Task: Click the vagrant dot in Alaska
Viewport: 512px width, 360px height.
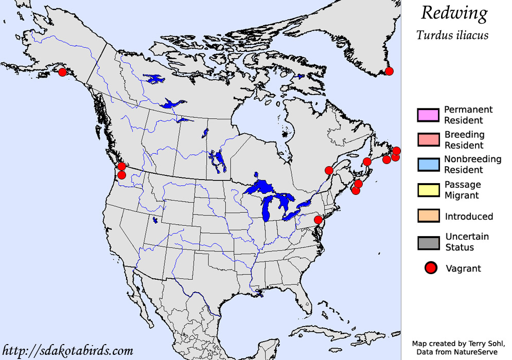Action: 62,72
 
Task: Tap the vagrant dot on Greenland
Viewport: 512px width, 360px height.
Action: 390,71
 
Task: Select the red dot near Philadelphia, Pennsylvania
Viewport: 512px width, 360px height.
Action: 318,220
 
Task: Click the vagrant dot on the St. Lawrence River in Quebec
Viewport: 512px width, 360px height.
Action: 329,170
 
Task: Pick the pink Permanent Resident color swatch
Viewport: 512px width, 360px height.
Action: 428,115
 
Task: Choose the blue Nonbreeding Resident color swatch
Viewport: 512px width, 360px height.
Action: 428,165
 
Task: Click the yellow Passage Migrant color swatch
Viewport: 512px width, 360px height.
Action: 428,190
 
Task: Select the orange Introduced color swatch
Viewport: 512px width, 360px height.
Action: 428,216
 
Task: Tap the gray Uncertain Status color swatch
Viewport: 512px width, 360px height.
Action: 428,242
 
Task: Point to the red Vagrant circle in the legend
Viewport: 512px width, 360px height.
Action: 431,267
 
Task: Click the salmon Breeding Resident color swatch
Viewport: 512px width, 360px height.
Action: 428,140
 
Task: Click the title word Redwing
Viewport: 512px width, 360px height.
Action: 454,14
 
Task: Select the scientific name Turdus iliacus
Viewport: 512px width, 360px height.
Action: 452,35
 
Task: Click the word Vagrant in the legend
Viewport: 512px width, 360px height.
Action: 463,268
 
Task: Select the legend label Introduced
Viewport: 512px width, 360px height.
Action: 468,217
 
